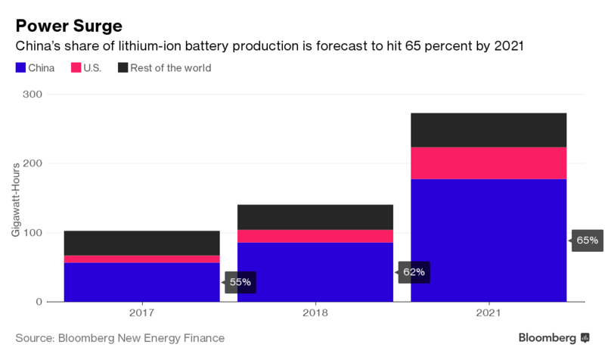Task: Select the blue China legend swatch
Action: [21, 68]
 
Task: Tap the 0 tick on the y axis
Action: [40, 302]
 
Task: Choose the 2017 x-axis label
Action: [141, 312]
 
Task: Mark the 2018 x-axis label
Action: [315, 312]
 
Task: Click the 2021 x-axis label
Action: [489, 312]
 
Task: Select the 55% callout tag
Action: [240, 283]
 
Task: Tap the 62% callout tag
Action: [414, 272]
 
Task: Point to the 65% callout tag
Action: [588, 241]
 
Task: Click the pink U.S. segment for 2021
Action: [489, 163]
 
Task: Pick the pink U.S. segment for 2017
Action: [141, 259]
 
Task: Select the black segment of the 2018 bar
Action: [315, 217]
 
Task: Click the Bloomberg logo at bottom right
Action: [554, 337]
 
